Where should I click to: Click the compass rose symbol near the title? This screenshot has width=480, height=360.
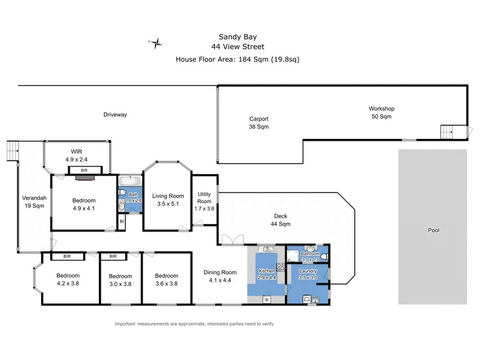(x=156, y=43)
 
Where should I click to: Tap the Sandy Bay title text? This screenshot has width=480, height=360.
(x=238, y=36)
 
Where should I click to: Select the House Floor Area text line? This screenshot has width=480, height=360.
(x=238, y=60)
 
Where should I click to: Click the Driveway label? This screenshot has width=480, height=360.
(x=115, y=115)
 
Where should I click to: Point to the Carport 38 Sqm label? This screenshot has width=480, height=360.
(x=259, y=123)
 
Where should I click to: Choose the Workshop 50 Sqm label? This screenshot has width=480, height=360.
(x=381, y=112)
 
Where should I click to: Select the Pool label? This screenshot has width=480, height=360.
(x=433, y=230)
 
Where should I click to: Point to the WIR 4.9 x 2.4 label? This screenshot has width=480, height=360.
(x=77, y=156)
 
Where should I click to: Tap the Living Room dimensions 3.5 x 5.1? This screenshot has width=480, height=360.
(x=168, y=204)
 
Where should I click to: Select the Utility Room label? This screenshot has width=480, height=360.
(x=204, y=198)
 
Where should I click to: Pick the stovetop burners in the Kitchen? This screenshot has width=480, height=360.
(x=280, y=267)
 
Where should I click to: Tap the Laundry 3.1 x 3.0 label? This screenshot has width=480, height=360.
(x=307, y=274)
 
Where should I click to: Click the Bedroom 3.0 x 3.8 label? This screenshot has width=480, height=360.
(x=120, y=280)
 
